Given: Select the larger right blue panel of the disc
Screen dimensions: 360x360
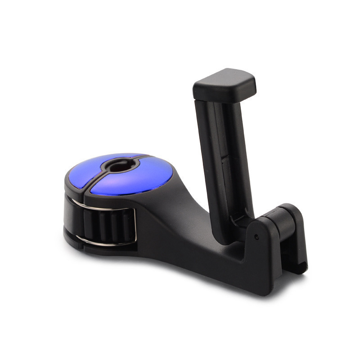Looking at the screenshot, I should tap(135, 180).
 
